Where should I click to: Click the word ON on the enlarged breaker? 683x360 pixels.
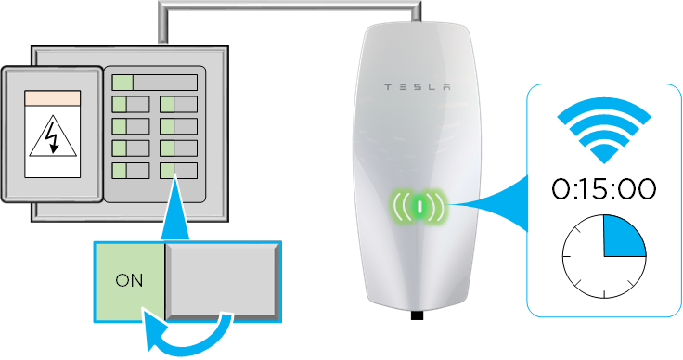point(129,281)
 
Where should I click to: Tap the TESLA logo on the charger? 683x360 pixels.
point(417,87)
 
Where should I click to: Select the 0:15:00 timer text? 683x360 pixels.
point(604,189)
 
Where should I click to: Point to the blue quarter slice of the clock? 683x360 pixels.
point(620,239)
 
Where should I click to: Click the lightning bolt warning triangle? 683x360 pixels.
point(53,135)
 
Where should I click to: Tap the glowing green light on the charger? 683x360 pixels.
point(419,206)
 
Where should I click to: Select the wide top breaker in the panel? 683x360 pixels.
point(155,83)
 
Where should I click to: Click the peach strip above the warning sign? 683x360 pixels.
point(52,98)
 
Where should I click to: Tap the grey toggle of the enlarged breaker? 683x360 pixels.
point(222,282)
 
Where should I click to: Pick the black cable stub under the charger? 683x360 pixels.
point(417,315)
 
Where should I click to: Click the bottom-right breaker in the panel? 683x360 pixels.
point(178,171)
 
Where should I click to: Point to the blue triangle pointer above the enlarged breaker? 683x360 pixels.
point(175,209)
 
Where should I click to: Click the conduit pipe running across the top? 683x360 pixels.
point(290,6)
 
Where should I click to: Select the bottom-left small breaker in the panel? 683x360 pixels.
point(131,171)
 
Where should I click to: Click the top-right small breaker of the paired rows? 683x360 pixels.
point(178,105)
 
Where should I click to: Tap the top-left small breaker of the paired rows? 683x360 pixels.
point(131,105)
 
